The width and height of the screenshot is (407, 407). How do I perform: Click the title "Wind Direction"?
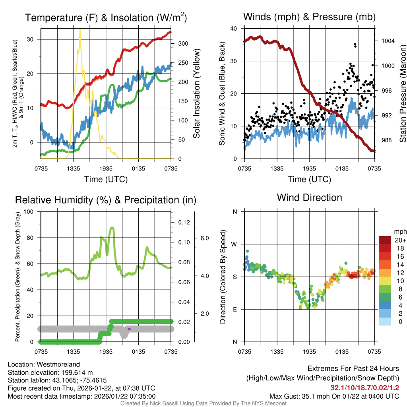pyautogui.click(x=309, y=198)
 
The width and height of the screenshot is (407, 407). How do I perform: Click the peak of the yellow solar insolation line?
pyautogui.click(x=80, y=29)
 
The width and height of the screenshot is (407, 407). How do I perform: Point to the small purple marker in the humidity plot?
pyautogui.click(x=129, y=329)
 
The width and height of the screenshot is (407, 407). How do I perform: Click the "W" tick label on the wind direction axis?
pyautogui.click(x=235, y=244)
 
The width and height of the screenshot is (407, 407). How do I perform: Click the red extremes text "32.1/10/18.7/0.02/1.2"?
pyautogui.click(x=364, y=388)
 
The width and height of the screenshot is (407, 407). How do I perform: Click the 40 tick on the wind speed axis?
pyautogui.click(x=234, y=29)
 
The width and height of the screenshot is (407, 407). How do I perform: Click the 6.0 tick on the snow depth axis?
pyautogui.click(x=204, y=238)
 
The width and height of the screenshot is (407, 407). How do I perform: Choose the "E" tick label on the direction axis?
pyautogui.click(x=235, y=309)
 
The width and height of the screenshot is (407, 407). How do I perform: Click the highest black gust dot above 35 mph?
pyautogui.click(x=355, y=44)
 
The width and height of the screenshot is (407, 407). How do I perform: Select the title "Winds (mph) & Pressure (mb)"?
pyautogui.click(x=309, y=17)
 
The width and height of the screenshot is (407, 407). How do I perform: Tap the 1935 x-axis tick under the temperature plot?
pyautogui.click(x=106, y=169)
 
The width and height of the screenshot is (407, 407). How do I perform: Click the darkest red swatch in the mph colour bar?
pyautogui.click(x=385, y=240)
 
